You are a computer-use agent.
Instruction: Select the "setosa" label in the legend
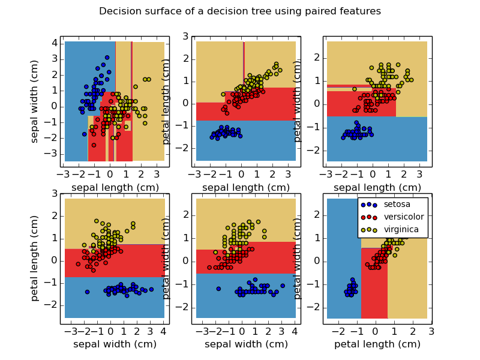coord(397,205)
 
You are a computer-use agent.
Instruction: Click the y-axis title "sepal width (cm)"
coord(35,101)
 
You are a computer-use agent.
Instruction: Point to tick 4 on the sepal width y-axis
coord(54,43)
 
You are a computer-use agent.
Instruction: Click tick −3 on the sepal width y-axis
coord(52,154)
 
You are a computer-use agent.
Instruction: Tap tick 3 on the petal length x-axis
coord(431,331)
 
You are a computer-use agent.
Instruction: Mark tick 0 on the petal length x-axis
coord(376,331)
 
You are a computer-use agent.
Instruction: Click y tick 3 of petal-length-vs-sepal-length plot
coord(185,36)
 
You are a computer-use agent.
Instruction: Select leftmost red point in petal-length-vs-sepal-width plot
coord(78,264)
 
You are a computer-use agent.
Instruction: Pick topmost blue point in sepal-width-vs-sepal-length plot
coord(107,58)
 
